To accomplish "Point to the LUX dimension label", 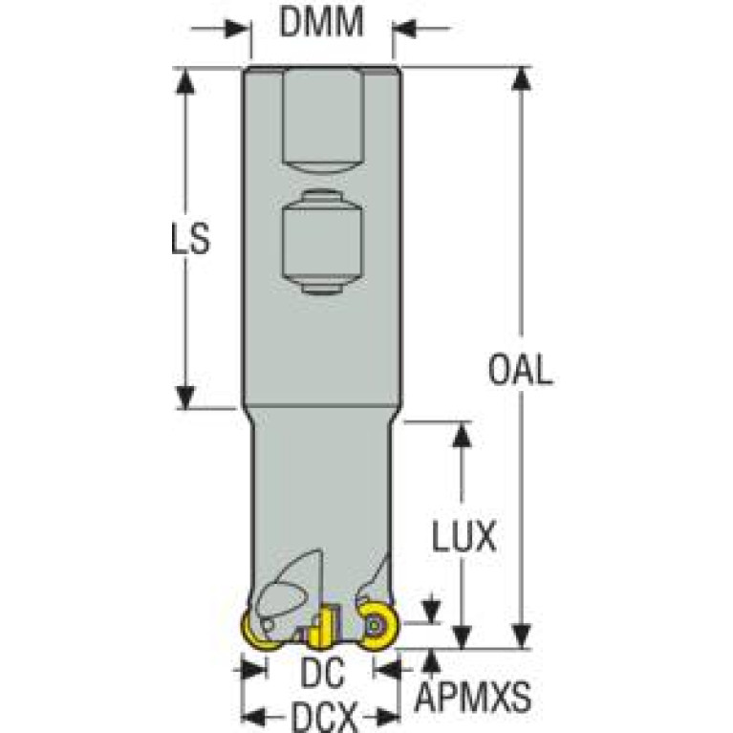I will [463, 538].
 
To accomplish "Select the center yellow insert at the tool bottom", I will [320, 627].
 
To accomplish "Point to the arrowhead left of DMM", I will [238, 29].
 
